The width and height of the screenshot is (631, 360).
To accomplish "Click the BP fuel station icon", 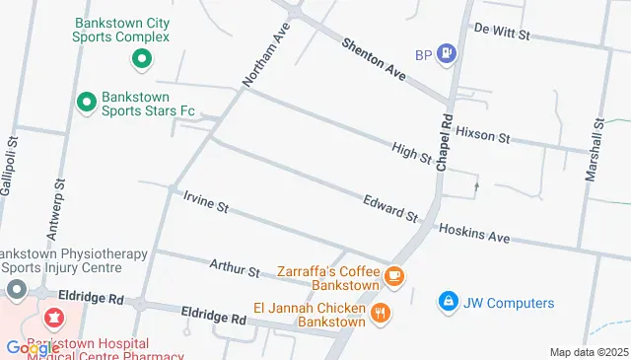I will click(447, 53).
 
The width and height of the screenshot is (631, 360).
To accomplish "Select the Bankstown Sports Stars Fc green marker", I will click(87, 101).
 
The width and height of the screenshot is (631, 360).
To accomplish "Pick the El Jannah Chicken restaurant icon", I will click(381, 315).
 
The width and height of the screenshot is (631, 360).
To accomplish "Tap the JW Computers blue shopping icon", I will click(448, 301).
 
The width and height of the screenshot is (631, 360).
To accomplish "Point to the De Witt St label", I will click(502, 34).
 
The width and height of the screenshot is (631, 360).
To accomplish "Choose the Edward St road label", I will click(390, 207).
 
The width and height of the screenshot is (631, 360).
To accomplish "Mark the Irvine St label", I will click(206, 202).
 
